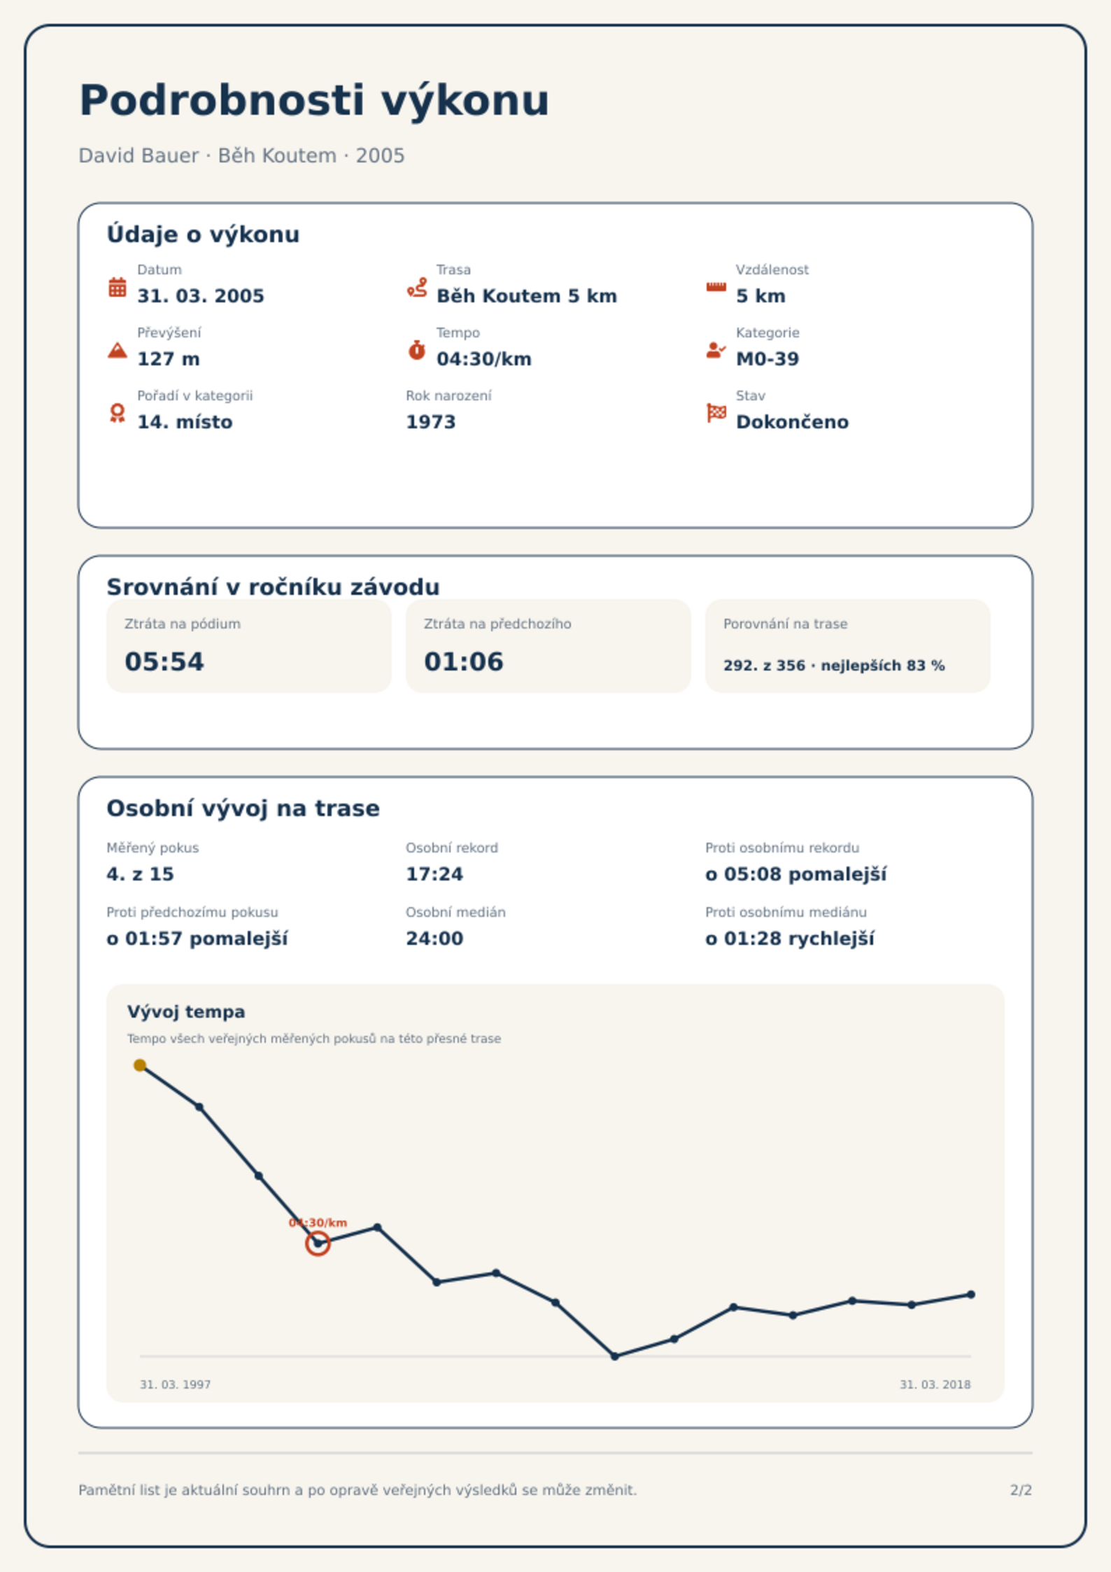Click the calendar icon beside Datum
coord(118,287)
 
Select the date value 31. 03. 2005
coord(201,296)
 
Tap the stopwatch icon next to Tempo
coord(417,350)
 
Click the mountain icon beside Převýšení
coord(118,350)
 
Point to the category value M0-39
coord(767,359)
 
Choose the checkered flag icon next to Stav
coord(716,413)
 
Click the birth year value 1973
coord(431,422)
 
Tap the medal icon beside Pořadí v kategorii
coord(118,413)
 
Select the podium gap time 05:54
coord(164,661)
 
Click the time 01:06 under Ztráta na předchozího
coord(464,661)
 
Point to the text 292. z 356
coord(764,666)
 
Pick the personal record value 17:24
coord(434,874)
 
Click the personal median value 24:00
coord(434,939)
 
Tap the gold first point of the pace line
coord(140,1065)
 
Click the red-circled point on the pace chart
coord(318,1243)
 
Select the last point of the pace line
coord(971,1295)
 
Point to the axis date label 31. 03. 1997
coord(175,1384)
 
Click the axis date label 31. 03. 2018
coord(935,1384)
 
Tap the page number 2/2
coord(1021,1490)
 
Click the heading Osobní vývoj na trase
coord(243,808)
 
